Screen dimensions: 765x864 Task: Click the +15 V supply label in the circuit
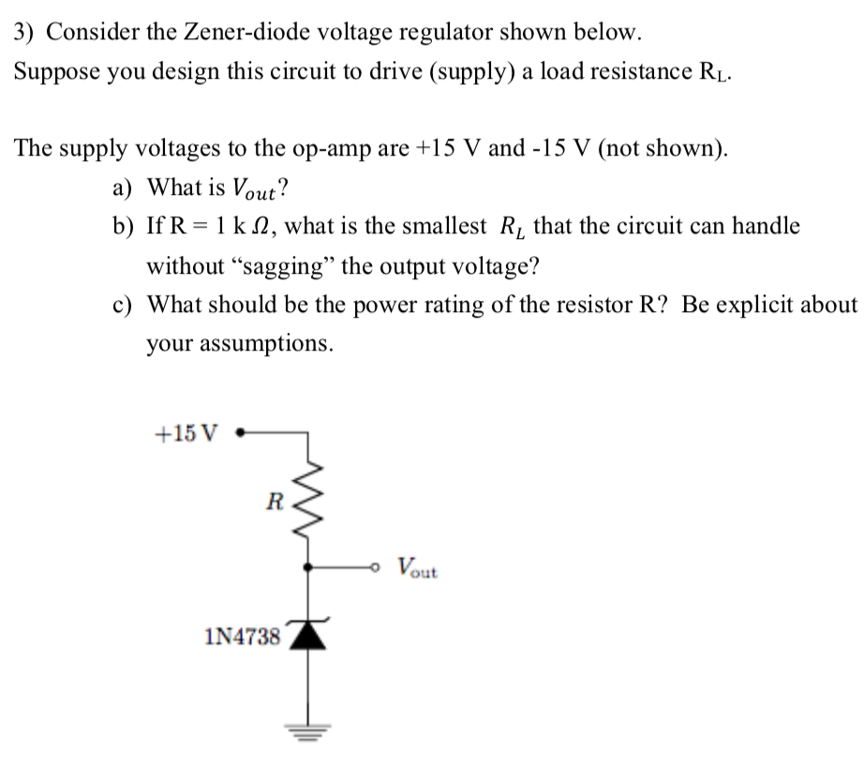tap(186, 433)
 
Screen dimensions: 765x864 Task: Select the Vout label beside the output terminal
tap(417, 567)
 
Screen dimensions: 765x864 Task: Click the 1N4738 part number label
tap(242, 637)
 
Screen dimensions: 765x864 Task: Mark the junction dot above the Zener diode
tap(306, 566)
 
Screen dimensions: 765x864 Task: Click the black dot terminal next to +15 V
tap(240, 433)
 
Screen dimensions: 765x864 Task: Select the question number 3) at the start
tap(25, 32)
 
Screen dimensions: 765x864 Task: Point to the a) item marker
tap(123, 187)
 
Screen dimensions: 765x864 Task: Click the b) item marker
tap(123, 226)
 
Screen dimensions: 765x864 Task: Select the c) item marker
tap(123, 305)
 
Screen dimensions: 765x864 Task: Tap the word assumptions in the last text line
tap(272, 344)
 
